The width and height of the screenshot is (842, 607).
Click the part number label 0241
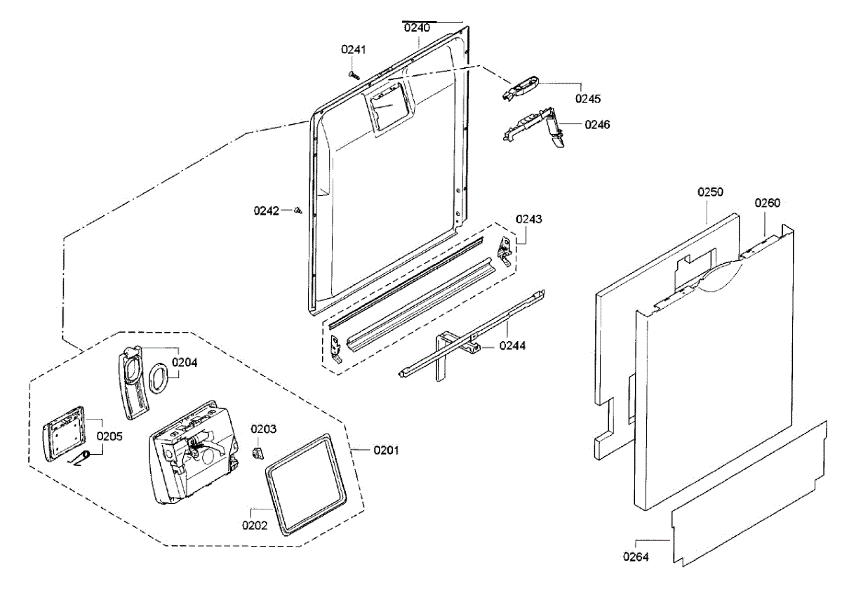(354, 49)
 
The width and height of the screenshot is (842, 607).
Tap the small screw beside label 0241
(352, 72)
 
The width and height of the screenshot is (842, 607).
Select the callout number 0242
(267, 210)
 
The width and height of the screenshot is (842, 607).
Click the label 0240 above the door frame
(417, 28)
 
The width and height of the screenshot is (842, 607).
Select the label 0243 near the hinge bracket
(529, 219)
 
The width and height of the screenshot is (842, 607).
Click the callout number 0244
(513, 345)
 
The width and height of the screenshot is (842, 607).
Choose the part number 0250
(710, 192)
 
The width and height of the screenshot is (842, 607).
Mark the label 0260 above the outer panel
(767, 203)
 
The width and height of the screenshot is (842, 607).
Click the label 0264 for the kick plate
(636, 557)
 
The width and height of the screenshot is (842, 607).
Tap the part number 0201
(385, 450)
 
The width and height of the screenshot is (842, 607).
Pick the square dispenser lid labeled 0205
(63, 433)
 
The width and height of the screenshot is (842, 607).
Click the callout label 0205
(109, 436)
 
